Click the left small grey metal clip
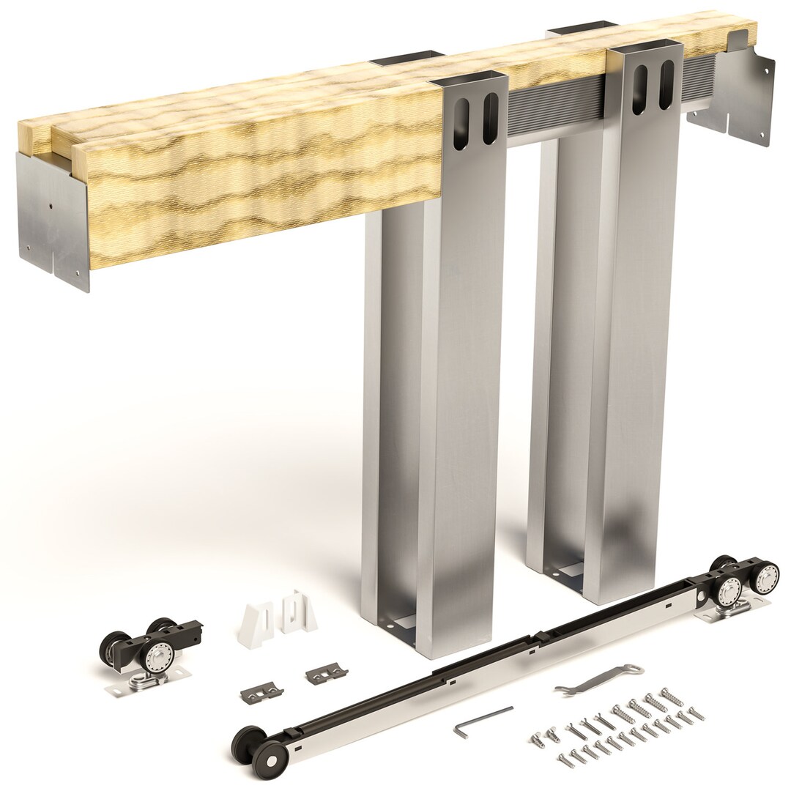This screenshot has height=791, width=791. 261,691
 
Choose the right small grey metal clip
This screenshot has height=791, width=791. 327,673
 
